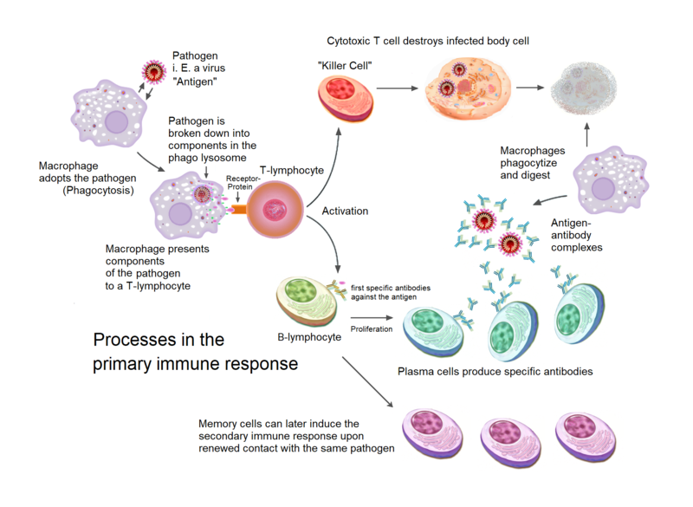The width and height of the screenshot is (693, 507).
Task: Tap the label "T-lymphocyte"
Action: coord(291,170)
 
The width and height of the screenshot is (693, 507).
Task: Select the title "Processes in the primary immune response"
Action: coord(195,352)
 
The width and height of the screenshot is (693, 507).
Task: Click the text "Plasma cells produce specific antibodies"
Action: coord(495,372)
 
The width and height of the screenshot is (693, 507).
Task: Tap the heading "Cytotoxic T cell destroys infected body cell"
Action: coord(428,41)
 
